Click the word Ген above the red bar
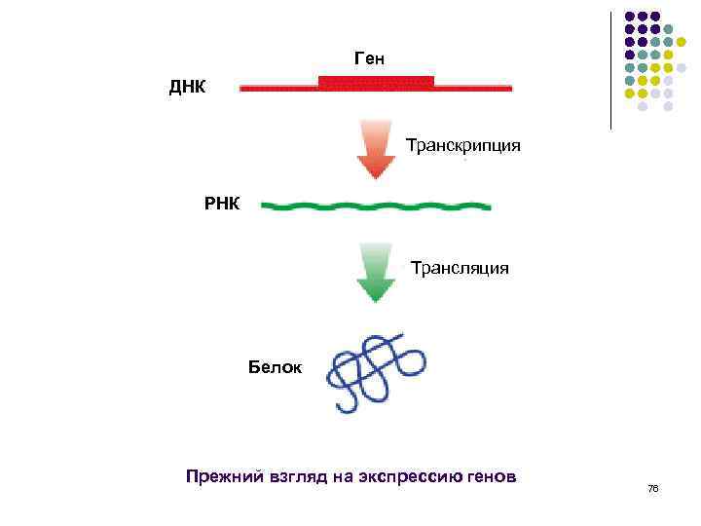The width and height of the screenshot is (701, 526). point(369,59)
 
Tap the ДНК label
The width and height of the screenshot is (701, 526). point(188,88)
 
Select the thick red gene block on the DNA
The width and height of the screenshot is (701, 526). point(376,82)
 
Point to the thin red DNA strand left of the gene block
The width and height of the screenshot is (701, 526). point(278,88)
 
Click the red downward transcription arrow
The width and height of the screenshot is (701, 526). point(375,150)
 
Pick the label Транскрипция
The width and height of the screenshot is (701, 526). point(462,146)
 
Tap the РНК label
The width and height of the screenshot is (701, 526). point(221,205)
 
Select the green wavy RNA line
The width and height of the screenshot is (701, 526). point(377,207)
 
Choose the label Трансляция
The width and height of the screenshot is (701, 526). point(459,267)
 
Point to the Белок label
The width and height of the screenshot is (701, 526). point(276,368)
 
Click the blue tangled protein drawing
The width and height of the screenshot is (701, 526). point(376,370)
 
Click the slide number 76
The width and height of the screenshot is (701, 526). point(652,488)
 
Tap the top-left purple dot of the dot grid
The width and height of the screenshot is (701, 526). point(629,17)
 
